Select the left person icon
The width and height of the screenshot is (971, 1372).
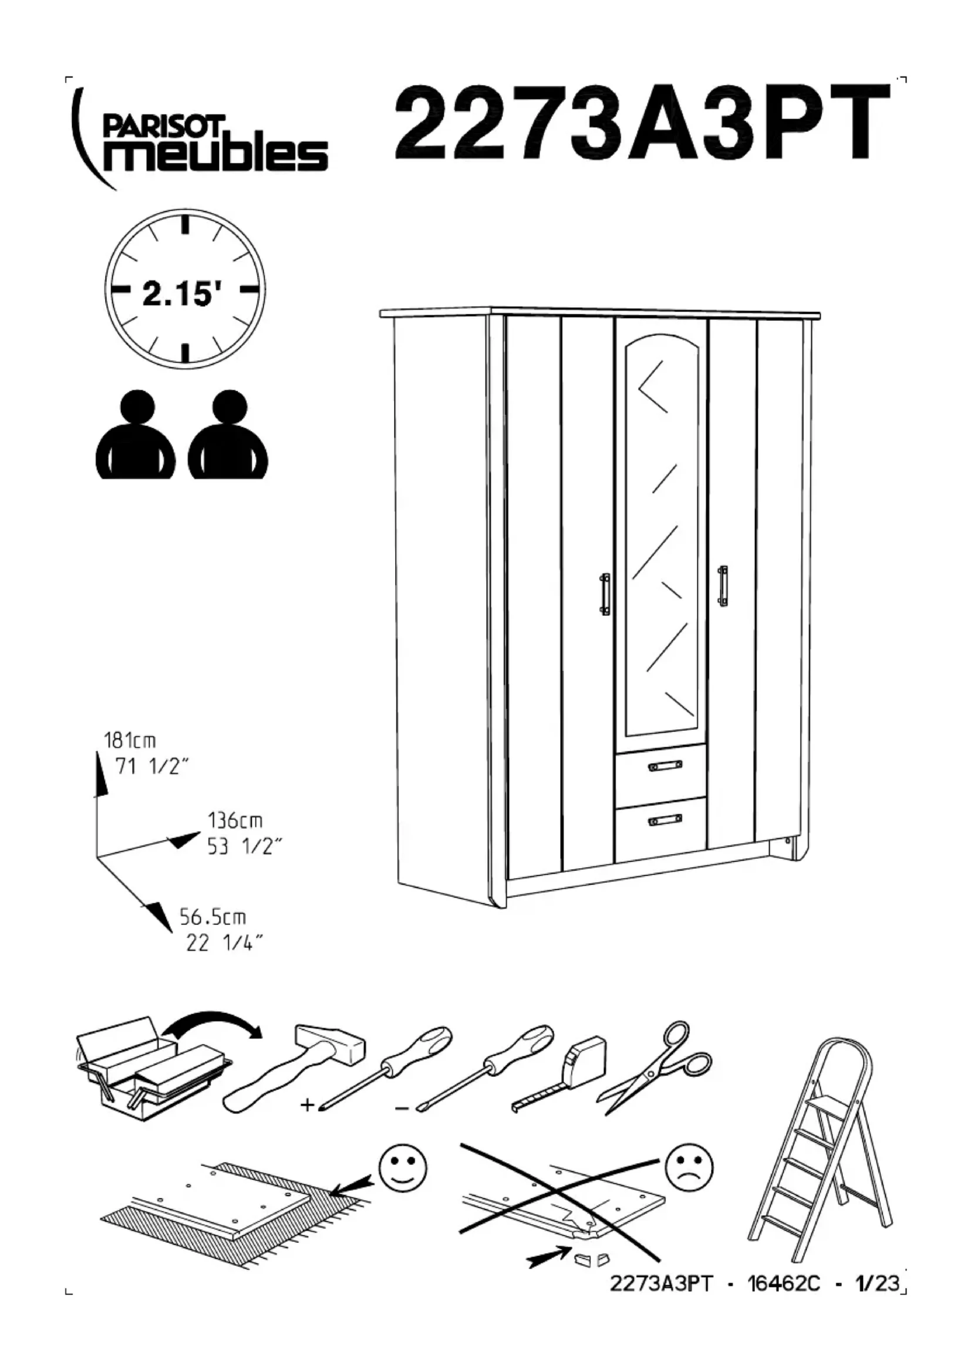[136, 435]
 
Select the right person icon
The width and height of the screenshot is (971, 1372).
[228, 435]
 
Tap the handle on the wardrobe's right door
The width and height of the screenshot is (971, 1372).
[723, 585]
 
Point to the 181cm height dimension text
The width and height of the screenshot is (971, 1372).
[130, 741]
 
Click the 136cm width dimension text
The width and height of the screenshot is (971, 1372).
[234, 820]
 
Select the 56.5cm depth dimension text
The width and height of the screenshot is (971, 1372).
[213, 917]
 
